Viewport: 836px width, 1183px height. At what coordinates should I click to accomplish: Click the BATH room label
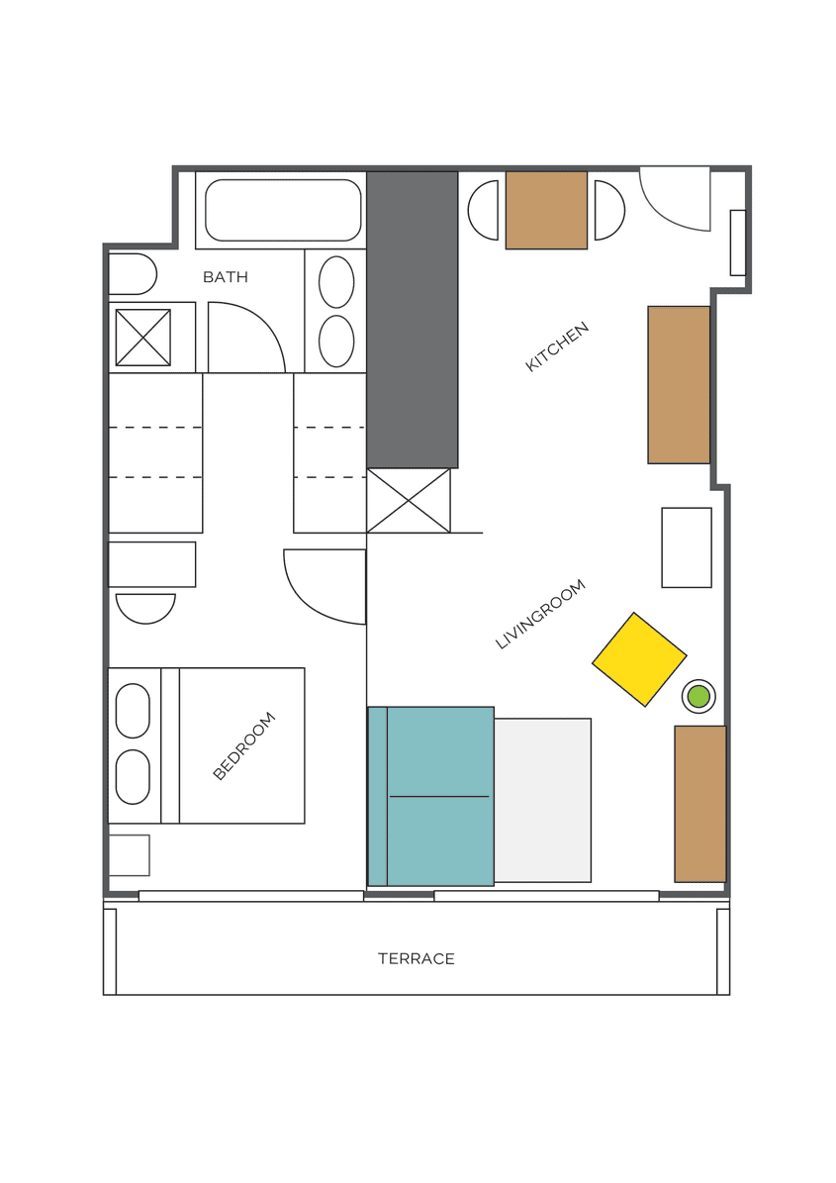[x=225, y=277]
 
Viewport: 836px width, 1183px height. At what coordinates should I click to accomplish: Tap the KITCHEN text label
[x=557, y=346]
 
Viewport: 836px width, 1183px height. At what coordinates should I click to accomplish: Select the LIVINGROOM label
[x=540, y=614]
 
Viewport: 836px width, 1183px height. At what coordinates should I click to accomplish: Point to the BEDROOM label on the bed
[x=243, y=745]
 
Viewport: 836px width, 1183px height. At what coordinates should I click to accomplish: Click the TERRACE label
[x=416, y=958]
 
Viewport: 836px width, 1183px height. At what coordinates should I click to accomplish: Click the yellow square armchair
[x=639, y=659]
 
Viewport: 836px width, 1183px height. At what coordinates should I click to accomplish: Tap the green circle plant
[x=698, y=696]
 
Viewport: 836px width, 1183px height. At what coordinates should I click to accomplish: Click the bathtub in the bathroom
[x=282, y=210]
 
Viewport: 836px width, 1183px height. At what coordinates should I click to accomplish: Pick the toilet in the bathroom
[x=131, y=274]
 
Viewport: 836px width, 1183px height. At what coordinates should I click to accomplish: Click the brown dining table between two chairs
[x=546, y=210]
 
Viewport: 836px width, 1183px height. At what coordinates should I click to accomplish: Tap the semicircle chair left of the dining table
[x=485, y=210]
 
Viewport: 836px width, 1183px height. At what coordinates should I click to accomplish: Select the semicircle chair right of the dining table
[x=607, y=210]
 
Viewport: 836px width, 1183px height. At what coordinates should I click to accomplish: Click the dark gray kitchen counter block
[x=412, y=319]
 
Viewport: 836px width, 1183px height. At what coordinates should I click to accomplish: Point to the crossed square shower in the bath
[x=143, y=338]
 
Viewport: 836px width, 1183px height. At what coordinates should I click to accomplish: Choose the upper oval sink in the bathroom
[x=336, y=282]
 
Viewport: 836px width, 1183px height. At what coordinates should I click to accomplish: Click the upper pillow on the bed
[x=133, y=711]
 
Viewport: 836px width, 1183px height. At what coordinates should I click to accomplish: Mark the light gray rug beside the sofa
[x=542, y=800]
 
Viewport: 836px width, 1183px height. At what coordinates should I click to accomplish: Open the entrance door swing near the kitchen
[x=675, y=198]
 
